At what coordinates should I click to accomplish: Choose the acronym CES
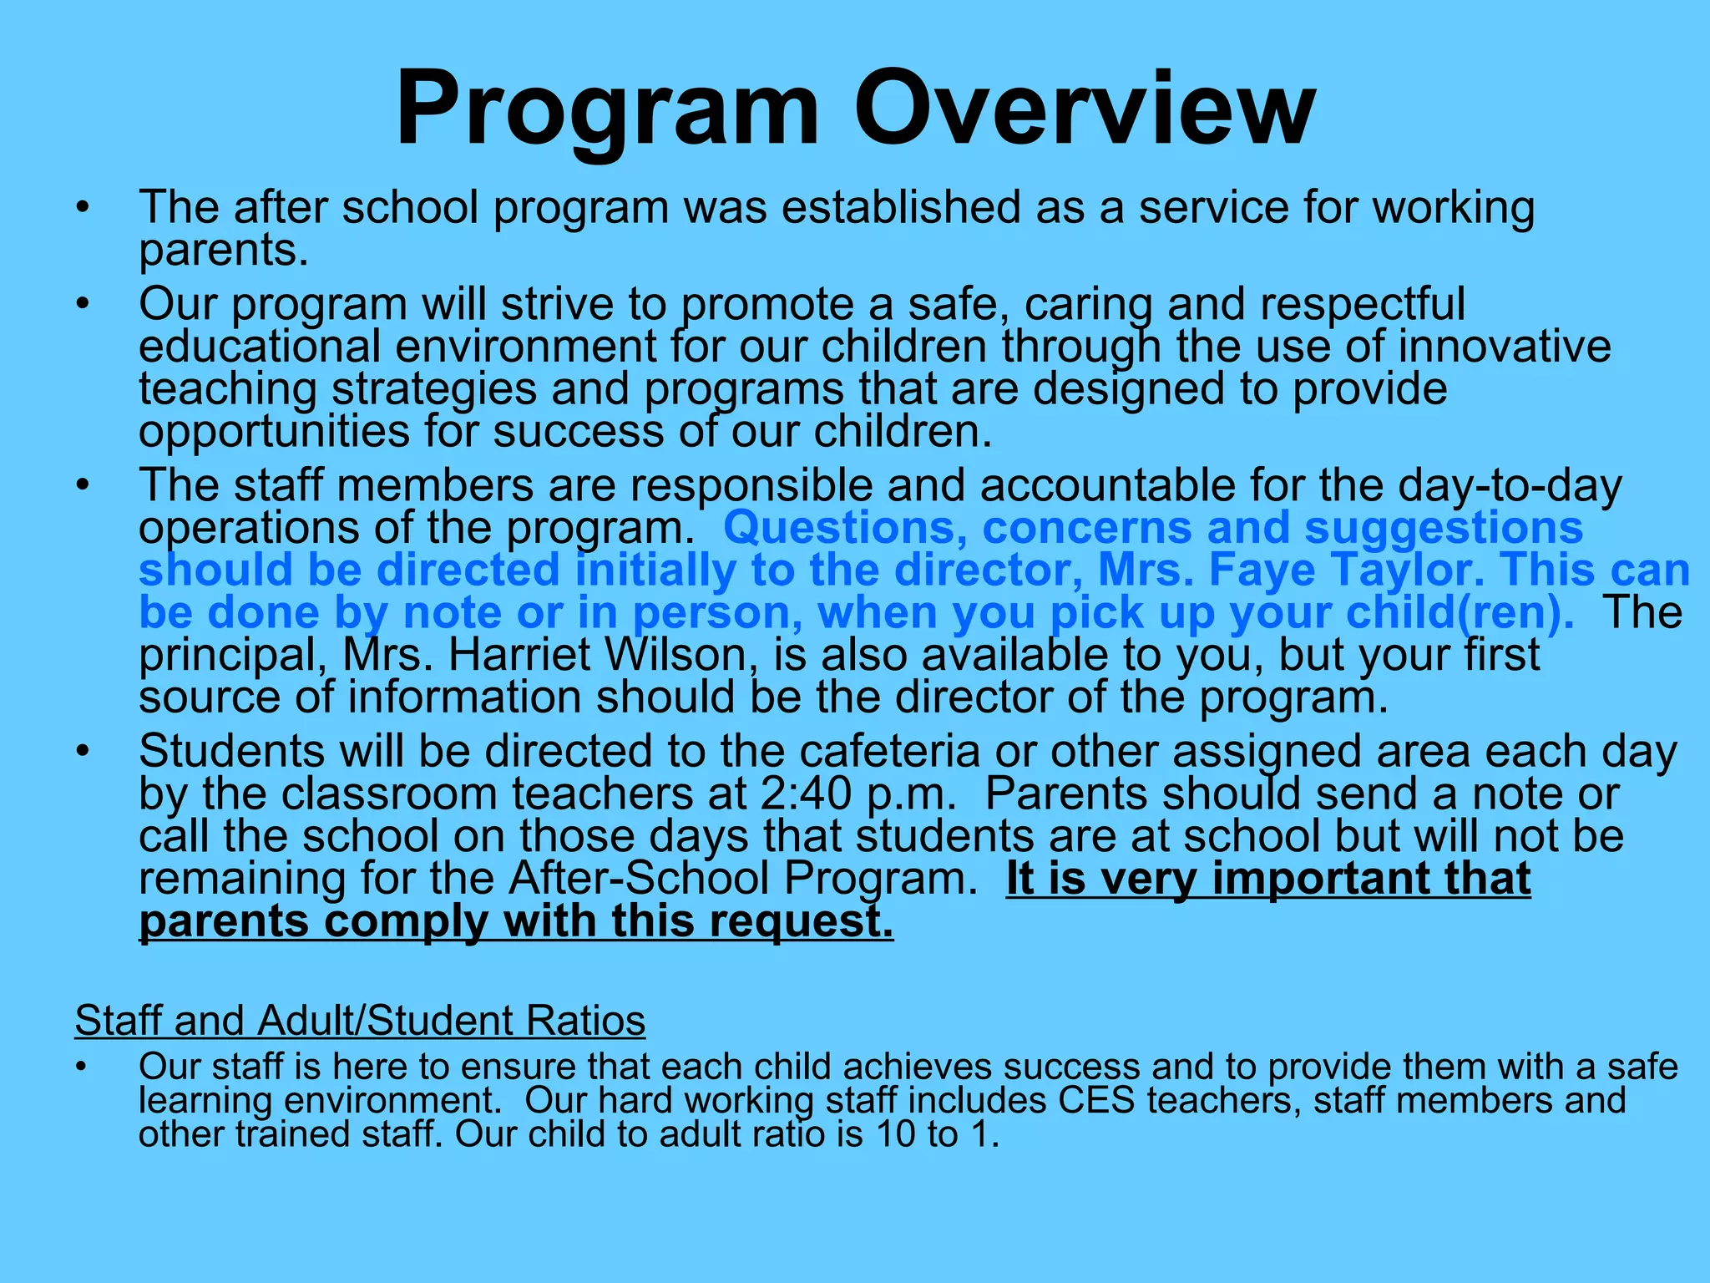1096,1100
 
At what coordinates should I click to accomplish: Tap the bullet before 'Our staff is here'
81,1067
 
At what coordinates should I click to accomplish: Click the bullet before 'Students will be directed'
81,752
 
